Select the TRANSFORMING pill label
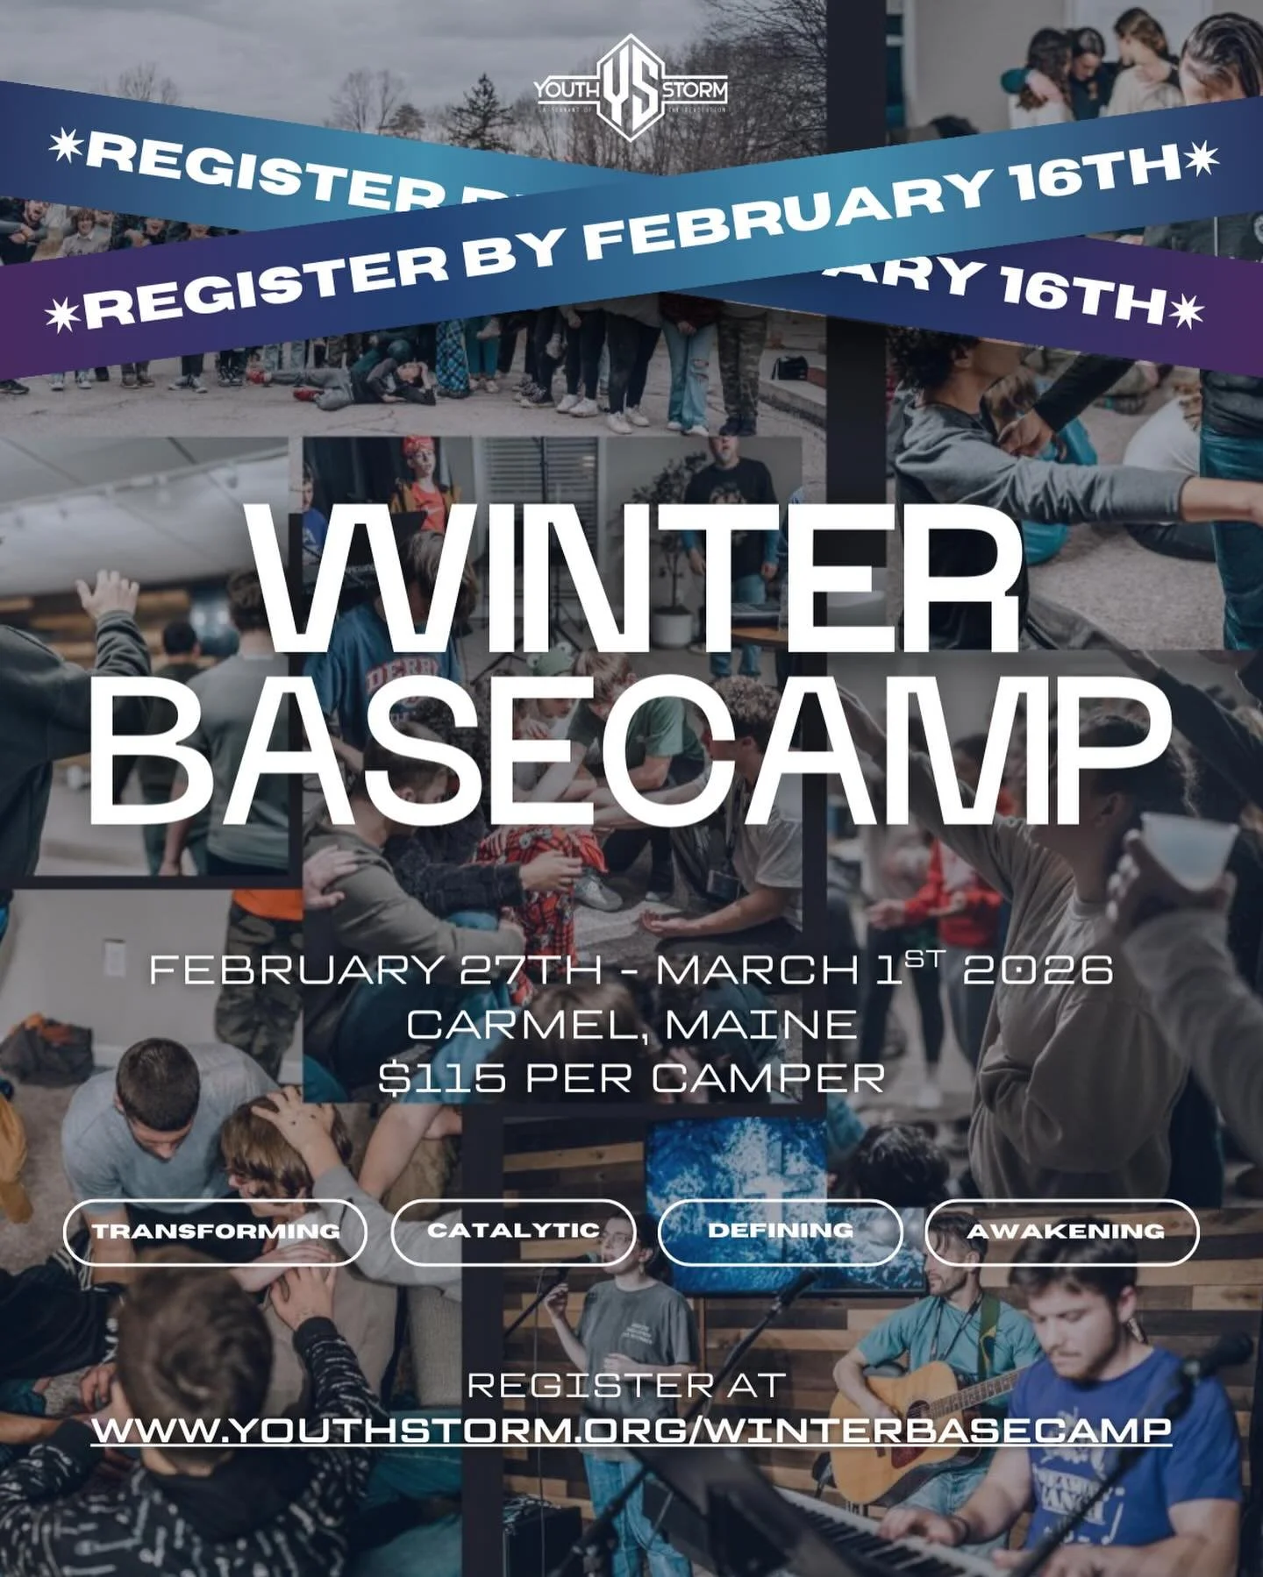click(216, 1232)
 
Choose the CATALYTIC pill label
click(513, 1231)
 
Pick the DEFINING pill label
click(780, 1231)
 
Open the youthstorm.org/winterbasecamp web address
click(631, 1430)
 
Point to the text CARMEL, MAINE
click(631, 1024)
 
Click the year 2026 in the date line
click(1038, 970)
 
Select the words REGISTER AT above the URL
click(626, 1385)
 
